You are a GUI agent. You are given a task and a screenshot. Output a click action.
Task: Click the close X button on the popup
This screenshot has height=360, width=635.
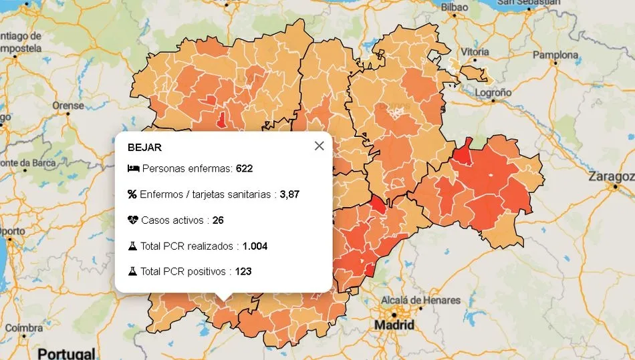click(319, 146)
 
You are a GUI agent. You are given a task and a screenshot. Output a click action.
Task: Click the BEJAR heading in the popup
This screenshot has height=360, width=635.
click(144, 148)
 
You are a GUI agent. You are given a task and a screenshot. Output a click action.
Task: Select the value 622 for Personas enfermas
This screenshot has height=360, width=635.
click(244, 169)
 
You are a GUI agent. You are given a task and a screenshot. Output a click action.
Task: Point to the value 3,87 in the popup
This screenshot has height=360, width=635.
click(289, 194)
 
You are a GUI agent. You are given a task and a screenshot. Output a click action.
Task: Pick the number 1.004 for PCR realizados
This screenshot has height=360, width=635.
click(255, 246)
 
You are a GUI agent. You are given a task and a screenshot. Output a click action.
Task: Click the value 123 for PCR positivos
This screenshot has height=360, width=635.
click(244, 271)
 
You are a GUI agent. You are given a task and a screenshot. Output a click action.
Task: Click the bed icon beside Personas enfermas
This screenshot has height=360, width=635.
click(133, 169)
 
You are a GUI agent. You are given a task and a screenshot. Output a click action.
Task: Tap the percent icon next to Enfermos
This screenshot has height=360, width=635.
click(132, 194)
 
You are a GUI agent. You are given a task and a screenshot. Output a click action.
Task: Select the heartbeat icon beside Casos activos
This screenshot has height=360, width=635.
click(133, 220)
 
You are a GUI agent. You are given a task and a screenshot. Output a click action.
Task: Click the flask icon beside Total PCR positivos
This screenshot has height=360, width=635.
click(132, 271)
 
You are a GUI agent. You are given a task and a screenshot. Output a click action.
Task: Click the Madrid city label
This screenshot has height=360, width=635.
click(394, 325)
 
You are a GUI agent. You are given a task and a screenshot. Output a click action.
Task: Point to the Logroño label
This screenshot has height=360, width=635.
click(493, 93)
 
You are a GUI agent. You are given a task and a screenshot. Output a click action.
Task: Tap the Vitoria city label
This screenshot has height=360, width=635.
click(475, 52)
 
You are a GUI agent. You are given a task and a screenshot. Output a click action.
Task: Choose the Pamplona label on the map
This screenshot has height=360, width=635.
click(555, 55)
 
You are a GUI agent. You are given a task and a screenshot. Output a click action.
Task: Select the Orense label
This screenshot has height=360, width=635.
click(68, 106)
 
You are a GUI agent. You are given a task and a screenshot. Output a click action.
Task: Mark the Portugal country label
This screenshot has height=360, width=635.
click(66, 353)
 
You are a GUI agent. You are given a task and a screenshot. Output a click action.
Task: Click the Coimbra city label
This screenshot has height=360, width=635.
click(23, 328)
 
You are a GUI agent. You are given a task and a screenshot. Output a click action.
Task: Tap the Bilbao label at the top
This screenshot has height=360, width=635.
click(455, 7)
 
